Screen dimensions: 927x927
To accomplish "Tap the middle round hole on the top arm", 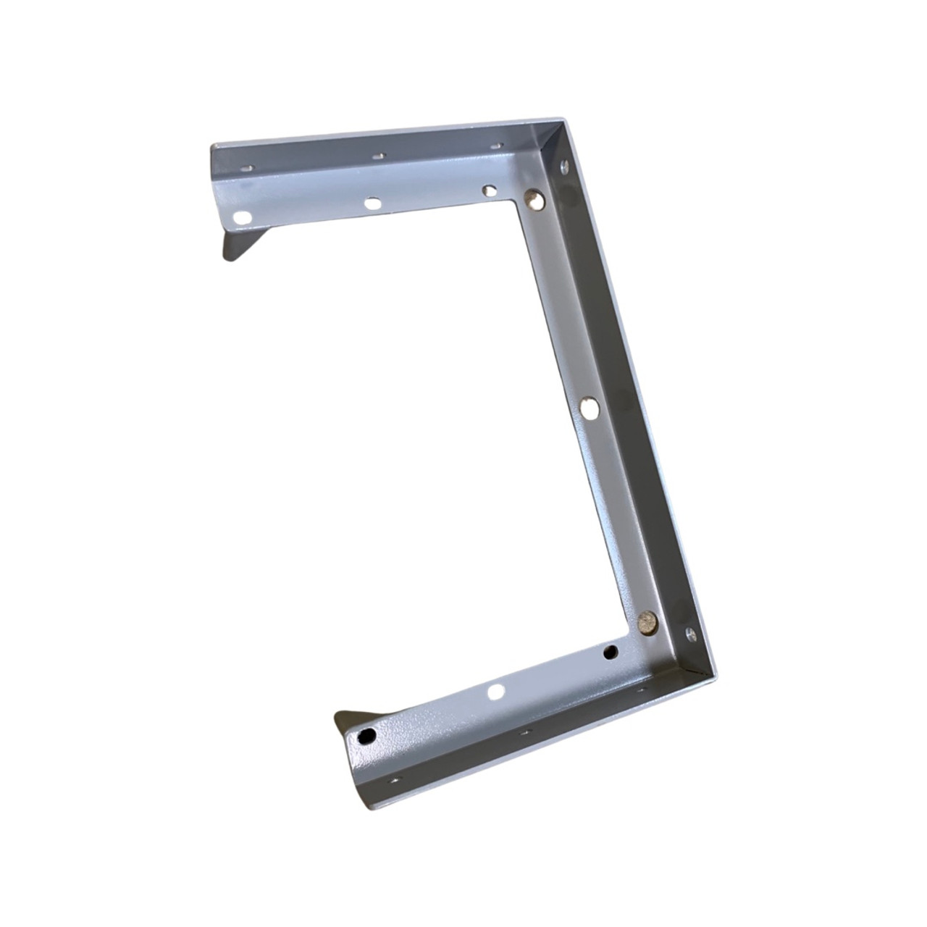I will tap(372, 204).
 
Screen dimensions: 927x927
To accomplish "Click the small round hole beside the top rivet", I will tap(490, 190).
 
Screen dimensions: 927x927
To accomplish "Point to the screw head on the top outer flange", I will tap(565, 167).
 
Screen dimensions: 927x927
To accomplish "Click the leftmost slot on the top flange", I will tap(248, 167).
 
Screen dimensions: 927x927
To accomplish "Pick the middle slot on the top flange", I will tap(377, 155).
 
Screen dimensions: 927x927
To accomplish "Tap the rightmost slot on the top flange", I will tap(496, 145).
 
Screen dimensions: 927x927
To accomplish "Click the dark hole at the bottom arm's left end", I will tap(368, 735).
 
